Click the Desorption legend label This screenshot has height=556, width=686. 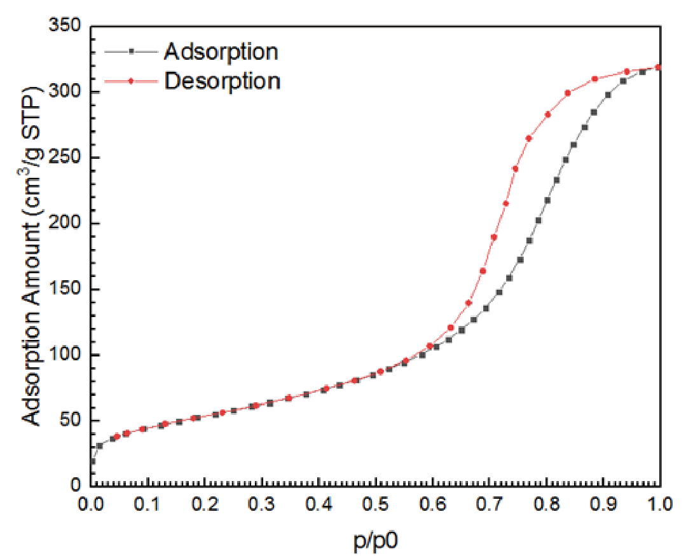[221, 81]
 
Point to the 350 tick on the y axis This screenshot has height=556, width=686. [65, 26]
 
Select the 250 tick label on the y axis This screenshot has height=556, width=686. [65, 158]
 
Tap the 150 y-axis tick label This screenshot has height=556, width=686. [65, 289]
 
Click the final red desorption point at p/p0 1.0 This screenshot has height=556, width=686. [659, 67]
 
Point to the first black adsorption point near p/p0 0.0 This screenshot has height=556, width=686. [92, 461]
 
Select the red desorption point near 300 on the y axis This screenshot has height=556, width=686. [568, 93]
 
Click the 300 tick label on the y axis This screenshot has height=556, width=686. [65, 92]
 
